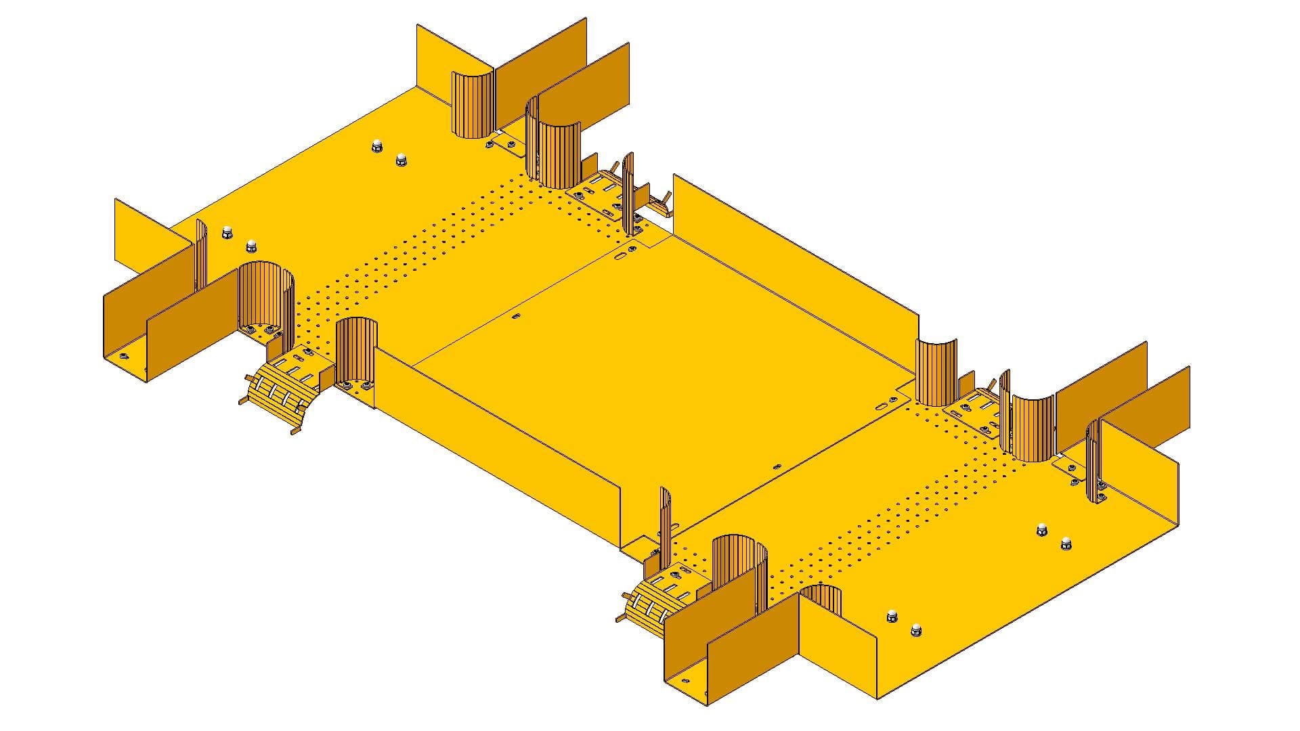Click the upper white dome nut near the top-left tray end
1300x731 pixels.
click(376, 146)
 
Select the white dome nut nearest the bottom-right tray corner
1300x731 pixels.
click(915, 629)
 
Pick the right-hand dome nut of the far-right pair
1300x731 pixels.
click(1066, 543)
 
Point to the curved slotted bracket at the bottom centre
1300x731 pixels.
click(653, 606)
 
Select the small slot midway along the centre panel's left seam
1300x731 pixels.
click(516, 316)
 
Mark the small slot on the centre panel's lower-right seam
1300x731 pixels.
click(777, 466)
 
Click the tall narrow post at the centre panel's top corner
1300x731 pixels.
click(628, 193)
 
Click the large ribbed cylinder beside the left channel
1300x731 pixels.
click(266, 298)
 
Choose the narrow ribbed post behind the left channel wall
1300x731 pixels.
click(201, 254)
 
